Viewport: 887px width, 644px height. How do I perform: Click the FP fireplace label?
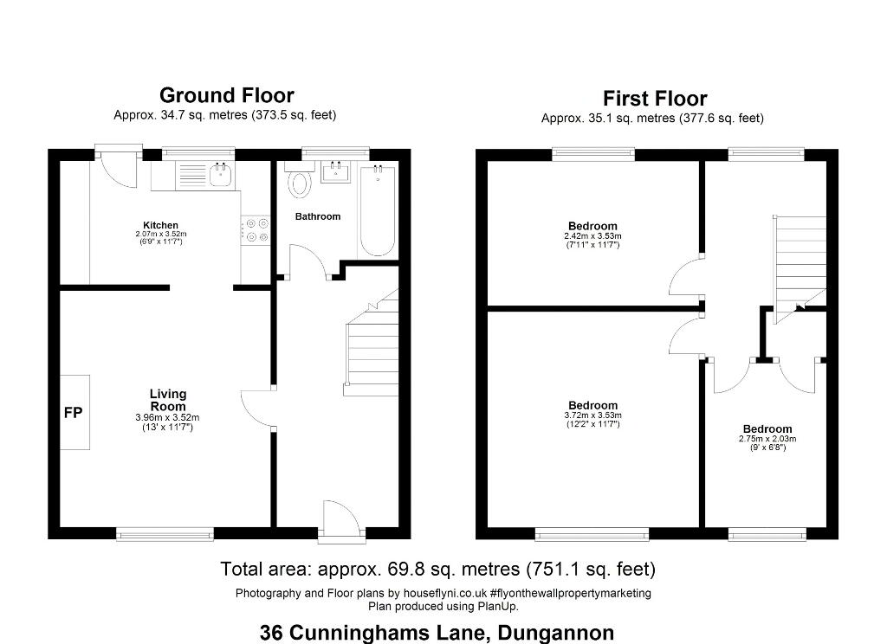click(73, 413)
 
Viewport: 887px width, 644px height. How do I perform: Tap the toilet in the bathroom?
click(299, 180)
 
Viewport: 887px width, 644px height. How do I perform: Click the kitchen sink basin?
click(220, 175)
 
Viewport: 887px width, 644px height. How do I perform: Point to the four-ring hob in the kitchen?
click(256, 229)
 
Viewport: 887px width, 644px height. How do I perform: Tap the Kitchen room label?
click(160, 225)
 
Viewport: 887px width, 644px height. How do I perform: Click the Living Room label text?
click(168, 400)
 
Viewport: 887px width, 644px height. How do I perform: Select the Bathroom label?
click(318, 216)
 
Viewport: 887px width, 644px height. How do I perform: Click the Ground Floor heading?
click(227, 95)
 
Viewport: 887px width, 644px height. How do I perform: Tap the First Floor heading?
click(655, 99)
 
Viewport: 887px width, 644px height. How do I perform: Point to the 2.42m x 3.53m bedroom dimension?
click(592, 235)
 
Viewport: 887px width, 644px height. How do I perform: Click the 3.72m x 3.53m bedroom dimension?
click(592, 415)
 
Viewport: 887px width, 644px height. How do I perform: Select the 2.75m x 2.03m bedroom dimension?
click(767, 439)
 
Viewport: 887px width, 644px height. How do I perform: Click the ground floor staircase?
click(372, 342)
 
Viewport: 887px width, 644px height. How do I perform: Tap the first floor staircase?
click(800, 269)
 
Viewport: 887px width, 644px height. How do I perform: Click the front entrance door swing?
click(340, 517)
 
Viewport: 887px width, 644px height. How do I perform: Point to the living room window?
click(165, 534)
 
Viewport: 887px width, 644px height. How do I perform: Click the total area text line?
click(437, 569)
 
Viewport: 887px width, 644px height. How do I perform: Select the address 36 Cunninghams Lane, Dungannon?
click(437, 632)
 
